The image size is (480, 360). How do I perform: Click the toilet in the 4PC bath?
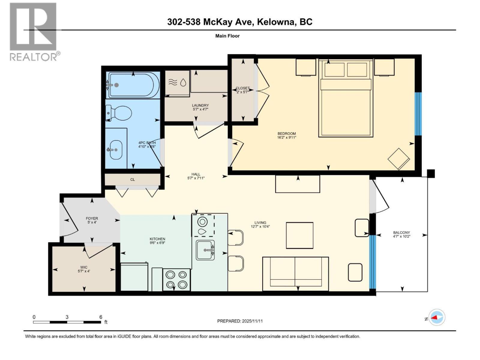(120, 113)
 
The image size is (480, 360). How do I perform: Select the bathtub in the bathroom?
(132, 85)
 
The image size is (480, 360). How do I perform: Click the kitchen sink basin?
(205, 250)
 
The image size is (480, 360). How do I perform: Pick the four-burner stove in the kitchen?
(176, 280)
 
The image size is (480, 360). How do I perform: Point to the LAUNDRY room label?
(200, 107)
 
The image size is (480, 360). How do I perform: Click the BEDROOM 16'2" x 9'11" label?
(286, 136)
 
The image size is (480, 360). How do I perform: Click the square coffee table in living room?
(299, 235)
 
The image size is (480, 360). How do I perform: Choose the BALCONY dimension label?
(401, 234)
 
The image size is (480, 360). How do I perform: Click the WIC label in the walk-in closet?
(84, 269)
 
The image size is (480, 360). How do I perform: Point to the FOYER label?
(92, 220)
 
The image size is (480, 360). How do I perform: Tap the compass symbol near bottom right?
(437, 317)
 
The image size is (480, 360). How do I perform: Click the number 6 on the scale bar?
(101, 317)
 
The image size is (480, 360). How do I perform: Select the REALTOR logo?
(34, 31)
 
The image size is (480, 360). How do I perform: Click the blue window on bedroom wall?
(418, 114)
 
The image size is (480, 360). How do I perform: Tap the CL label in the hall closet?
(132, 179)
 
